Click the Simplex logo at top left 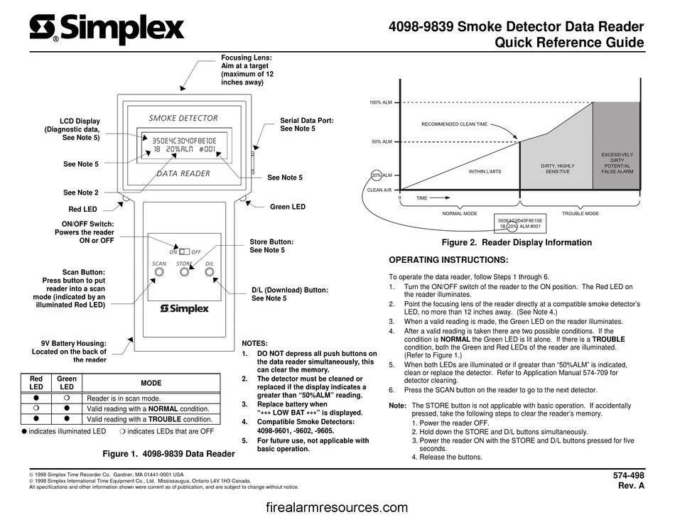point(107,30)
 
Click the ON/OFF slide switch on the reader point(185,252)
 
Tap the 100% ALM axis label point(380,103)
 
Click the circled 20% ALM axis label point(381,175)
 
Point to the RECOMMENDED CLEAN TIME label point(454,124)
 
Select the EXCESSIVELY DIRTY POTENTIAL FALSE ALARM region point(617,163)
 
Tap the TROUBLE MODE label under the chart point(580,213)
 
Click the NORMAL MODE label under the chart point(460,213)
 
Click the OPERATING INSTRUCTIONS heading point(448,260)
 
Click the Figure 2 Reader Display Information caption point(517,243)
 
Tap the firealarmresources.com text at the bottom point(337,506)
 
